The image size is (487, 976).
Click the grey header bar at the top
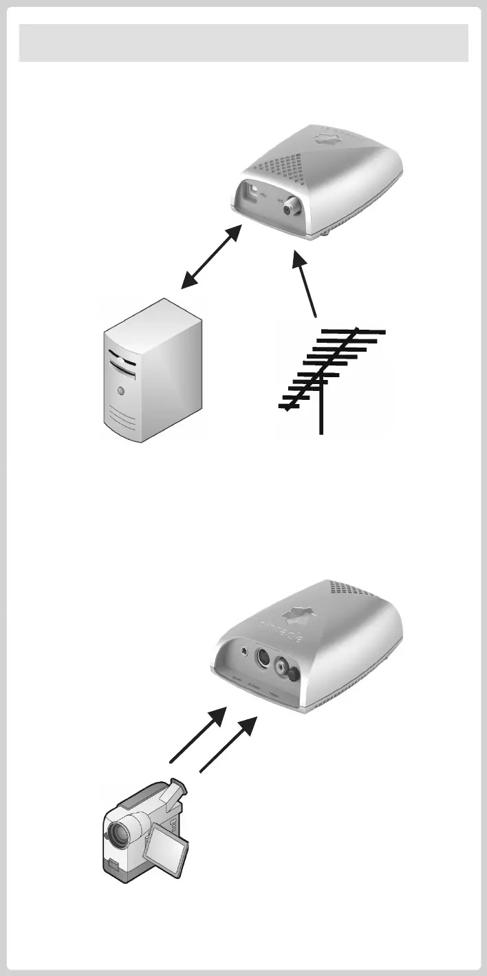[243, 43]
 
